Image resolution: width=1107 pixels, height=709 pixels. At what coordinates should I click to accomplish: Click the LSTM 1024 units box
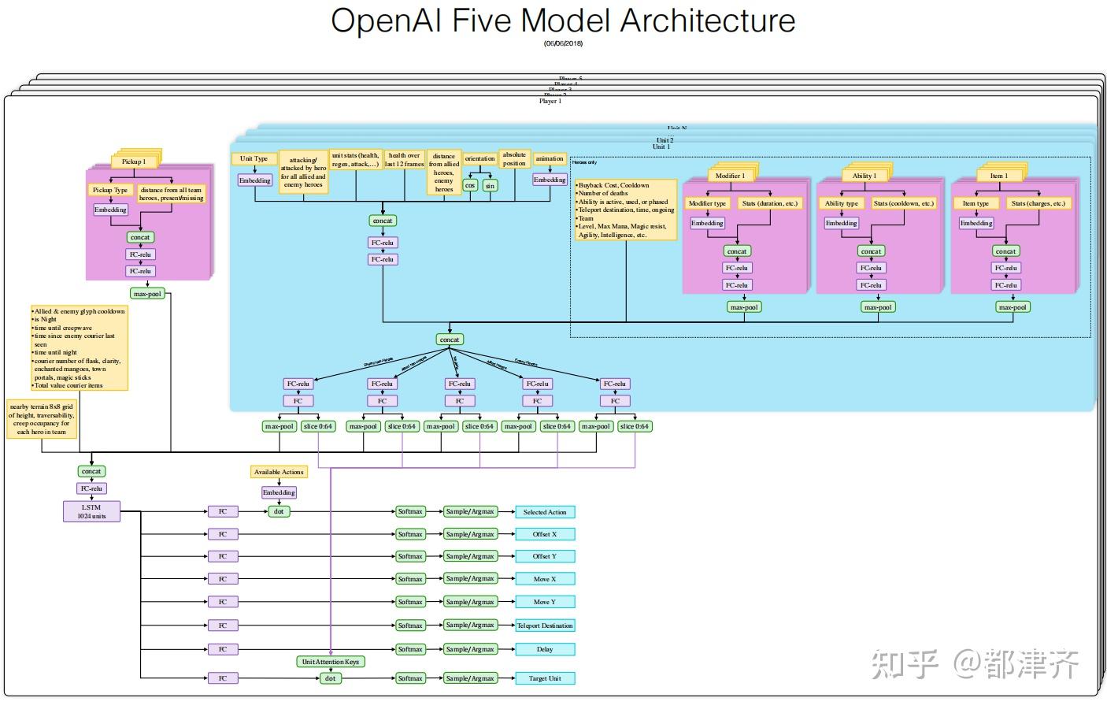[91, 511]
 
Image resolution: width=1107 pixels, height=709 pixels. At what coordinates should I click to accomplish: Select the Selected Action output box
[545, 512]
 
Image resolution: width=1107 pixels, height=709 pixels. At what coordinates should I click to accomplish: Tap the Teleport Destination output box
[545, 625]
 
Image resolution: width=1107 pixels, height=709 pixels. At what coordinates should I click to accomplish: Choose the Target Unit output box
[545, 678]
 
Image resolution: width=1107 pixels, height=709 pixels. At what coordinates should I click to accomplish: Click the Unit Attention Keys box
[331, 662]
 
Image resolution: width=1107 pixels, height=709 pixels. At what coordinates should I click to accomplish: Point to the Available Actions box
[279, 472]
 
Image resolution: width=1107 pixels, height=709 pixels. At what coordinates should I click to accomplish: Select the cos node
[470, 186]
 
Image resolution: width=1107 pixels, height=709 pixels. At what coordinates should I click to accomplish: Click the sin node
[490, 186]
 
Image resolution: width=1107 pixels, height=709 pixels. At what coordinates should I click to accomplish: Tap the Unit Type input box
[254, 158]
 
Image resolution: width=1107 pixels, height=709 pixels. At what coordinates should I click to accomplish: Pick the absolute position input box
[514, 159]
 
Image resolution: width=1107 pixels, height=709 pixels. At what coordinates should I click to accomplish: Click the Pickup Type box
[110, 190]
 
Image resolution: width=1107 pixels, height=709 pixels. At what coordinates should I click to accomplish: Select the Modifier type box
[707, 203]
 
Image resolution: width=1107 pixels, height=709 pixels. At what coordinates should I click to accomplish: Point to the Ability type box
[842, 203]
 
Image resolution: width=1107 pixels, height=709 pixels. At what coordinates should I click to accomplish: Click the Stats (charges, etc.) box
[1039, 203]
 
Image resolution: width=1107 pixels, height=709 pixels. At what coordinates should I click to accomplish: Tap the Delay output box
[545, 650]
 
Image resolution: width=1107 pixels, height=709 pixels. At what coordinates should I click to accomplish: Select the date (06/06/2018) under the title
[563, 43]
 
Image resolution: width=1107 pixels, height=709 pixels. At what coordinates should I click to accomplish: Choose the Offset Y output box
[545, 556]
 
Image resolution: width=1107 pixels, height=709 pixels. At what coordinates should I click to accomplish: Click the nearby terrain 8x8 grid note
[42, 419]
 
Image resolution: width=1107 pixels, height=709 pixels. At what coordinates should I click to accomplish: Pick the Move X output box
[545, 579]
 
